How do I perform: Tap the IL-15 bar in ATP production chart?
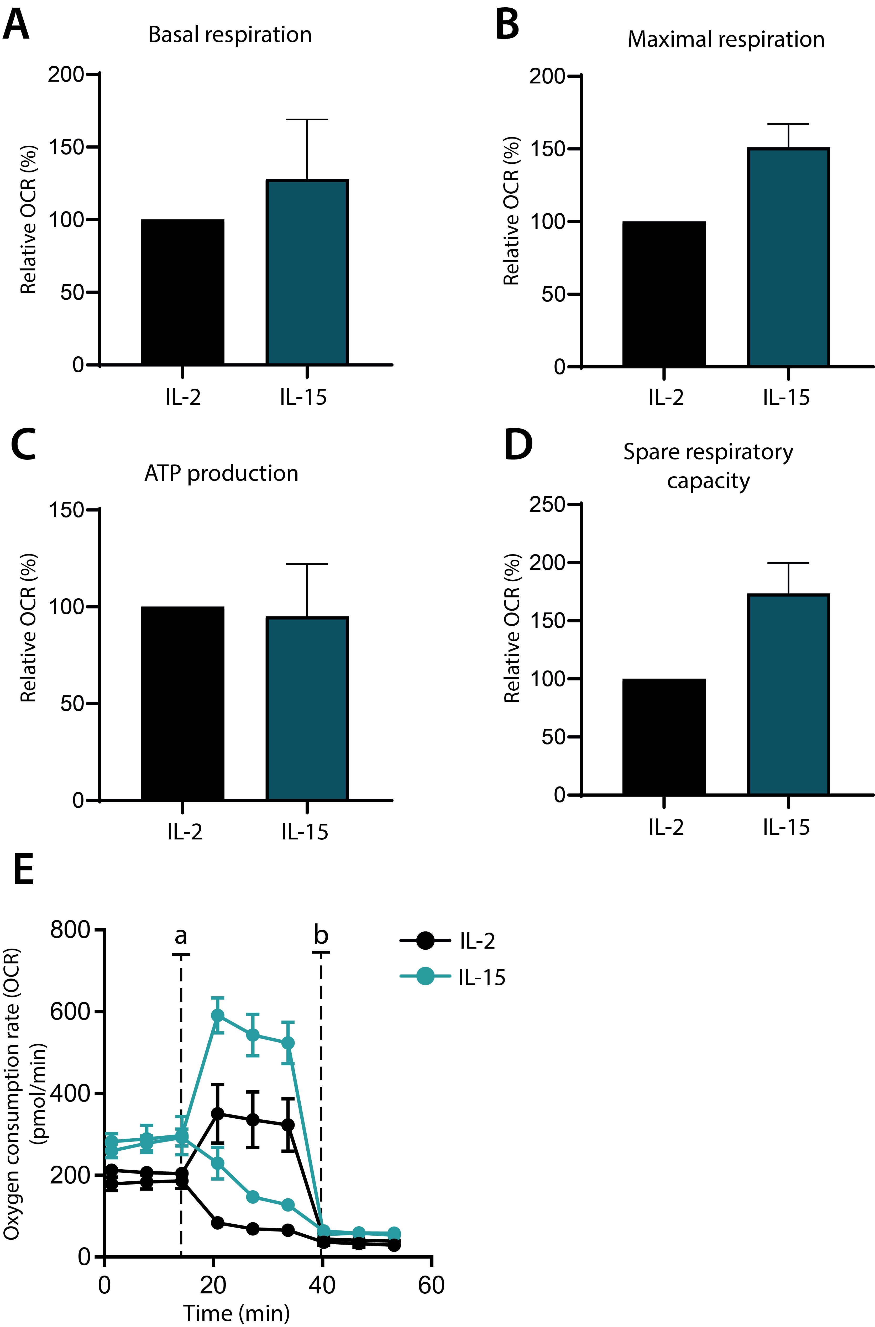(x=307, y=709)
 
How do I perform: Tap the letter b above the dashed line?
(x=321, y=934)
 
